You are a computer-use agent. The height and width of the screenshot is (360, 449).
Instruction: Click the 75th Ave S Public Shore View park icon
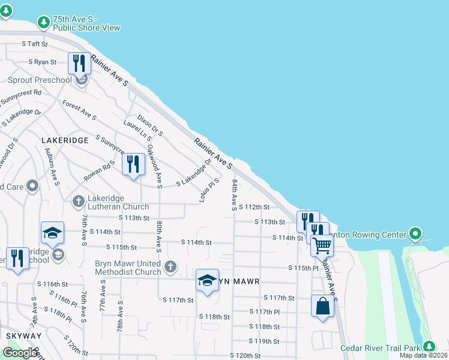point(43,23)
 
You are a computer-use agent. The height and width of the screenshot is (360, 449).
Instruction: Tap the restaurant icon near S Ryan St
point(79,62)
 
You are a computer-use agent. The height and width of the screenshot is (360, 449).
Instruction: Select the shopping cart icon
point(322,245)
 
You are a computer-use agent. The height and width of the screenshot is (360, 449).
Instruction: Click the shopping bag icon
point(322,306)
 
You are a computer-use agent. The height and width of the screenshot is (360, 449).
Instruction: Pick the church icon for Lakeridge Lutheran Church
point(79,202)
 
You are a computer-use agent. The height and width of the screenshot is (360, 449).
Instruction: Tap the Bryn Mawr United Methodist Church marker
point(171,266)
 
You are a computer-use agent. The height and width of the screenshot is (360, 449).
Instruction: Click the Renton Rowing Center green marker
point(415,233)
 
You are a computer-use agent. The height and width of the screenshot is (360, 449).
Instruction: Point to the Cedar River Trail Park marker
point(429,346)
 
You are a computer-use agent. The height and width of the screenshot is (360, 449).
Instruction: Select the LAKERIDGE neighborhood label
point(65,140)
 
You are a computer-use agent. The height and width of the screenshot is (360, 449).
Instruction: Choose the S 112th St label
point(255,207)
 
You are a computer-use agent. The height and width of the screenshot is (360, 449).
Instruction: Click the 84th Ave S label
point(235,194)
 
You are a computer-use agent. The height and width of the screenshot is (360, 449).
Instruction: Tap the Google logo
point(20,353)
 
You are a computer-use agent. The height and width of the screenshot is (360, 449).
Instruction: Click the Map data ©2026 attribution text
point(423,355)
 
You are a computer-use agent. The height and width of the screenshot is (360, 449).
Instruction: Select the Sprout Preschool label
point(40,80)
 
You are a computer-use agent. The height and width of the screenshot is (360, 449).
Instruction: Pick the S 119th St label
point(264,341)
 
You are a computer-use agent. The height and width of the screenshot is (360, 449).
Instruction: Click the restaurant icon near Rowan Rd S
point(133,164)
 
